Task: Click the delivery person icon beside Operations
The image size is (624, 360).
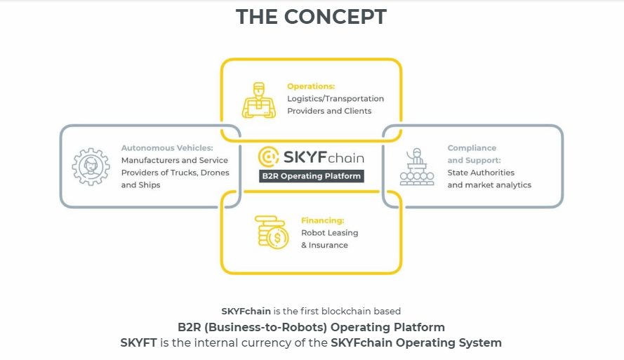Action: tap(259, 100)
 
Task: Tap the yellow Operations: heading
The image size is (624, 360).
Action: tap(311, 86)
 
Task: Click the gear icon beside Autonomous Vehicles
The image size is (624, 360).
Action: tap(91, 166)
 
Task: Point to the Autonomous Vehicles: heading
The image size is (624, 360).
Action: tap(167, 148)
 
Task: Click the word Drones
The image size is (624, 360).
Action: tap(215, 173)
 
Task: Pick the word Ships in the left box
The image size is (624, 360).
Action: tap(148, 185)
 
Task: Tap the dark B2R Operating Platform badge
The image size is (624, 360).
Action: tap(311, 176)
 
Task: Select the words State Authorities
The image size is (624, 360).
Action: tap(481, 173)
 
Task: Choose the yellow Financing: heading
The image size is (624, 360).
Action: tap(323, 220)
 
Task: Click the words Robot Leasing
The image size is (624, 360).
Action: tap(329, 232)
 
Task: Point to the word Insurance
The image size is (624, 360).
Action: tap(328, 245)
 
